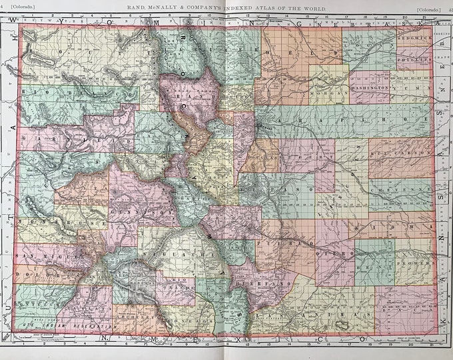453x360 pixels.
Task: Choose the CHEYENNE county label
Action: pos(400,188)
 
